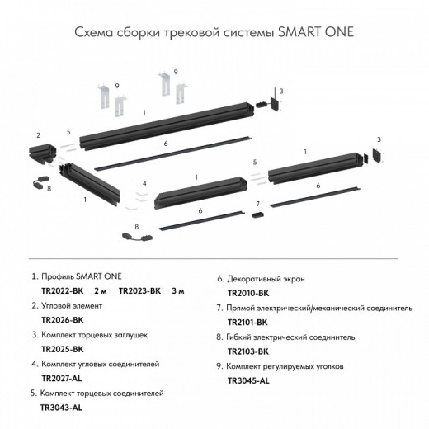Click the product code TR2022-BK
tap(62, 290)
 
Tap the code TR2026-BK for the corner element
tap(62, 319)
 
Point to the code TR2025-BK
tap(62, 349)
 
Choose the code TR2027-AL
tap(62, 378)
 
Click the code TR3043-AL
tap(62, 408)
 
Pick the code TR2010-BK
tap(247, 293)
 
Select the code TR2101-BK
tap(247, 323)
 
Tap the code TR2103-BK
tap(247, 351)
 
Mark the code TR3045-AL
tap(247, 380)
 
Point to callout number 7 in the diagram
tap(257, 203)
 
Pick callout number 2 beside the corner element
tap(38, 133)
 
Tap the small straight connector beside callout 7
tap(257, 214)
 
